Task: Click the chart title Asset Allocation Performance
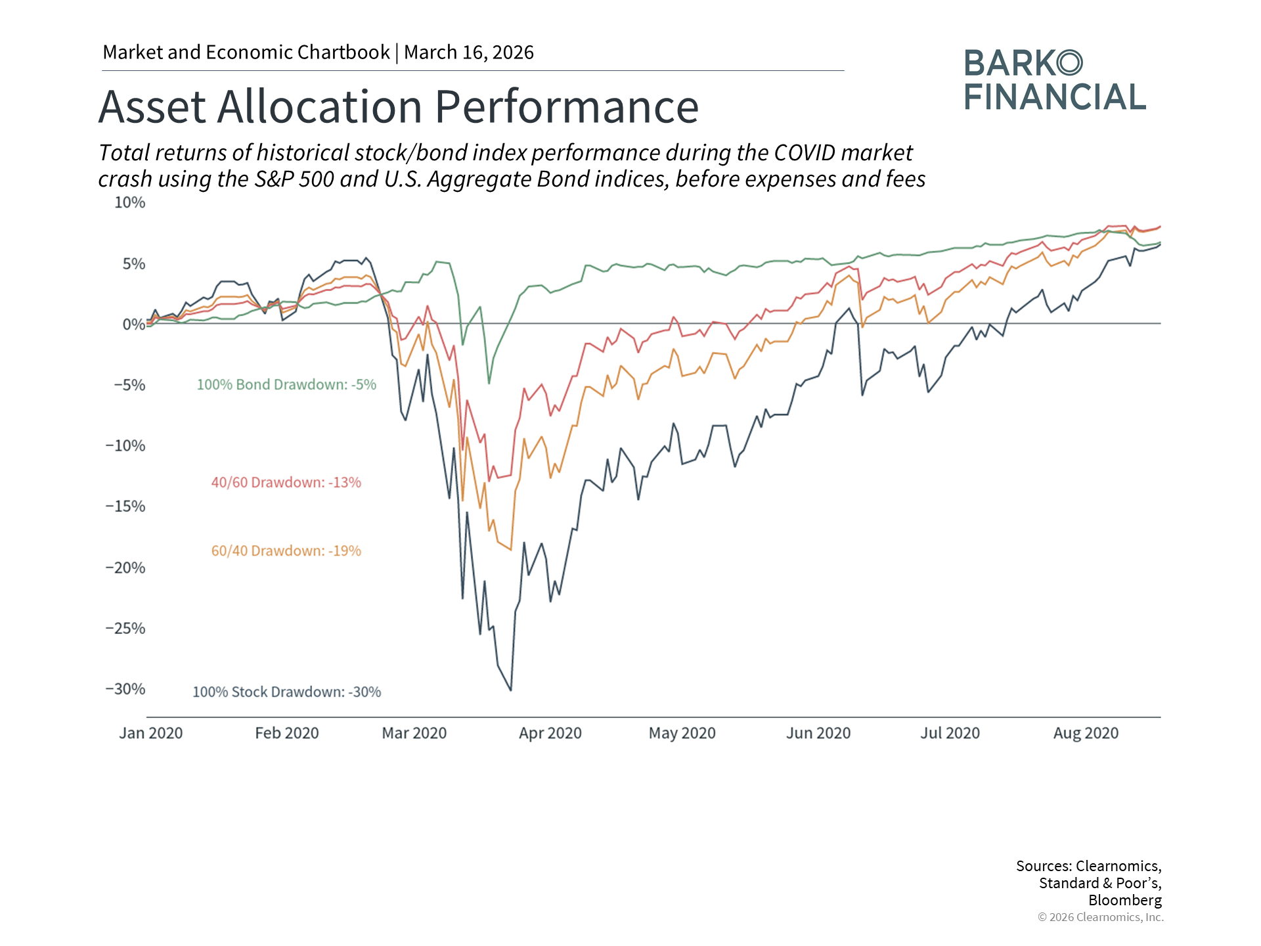[398, 106]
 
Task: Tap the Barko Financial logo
[1055, 80]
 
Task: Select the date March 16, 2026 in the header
[469, 53]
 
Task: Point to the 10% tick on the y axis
[130, 203]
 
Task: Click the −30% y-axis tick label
[125, 689]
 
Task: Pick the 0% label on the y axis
[134, 325]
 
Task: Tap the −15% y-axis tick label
[125, 507]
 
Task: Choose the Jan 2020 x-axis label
[151, 733]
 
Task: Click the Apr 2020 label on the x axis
[550, 733]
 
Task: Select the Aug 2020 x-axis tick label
[1086, 733]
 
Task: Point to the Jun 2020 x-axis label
[818, 733]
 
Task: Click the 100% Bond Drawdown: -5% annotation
[286, 385]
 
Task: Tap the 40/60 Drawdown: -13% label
[286, 483]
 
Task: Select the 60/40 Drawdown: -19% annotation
[286, 551]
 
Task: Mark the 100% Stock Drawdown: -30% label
[286, 692]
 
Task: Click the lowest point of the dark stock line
[511, 690]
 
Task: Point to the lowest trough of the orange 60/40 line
[511, 550]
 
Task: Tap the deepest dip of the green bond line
[489, 383]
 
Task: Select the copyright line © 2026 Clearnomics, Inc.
[1100, 917]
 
